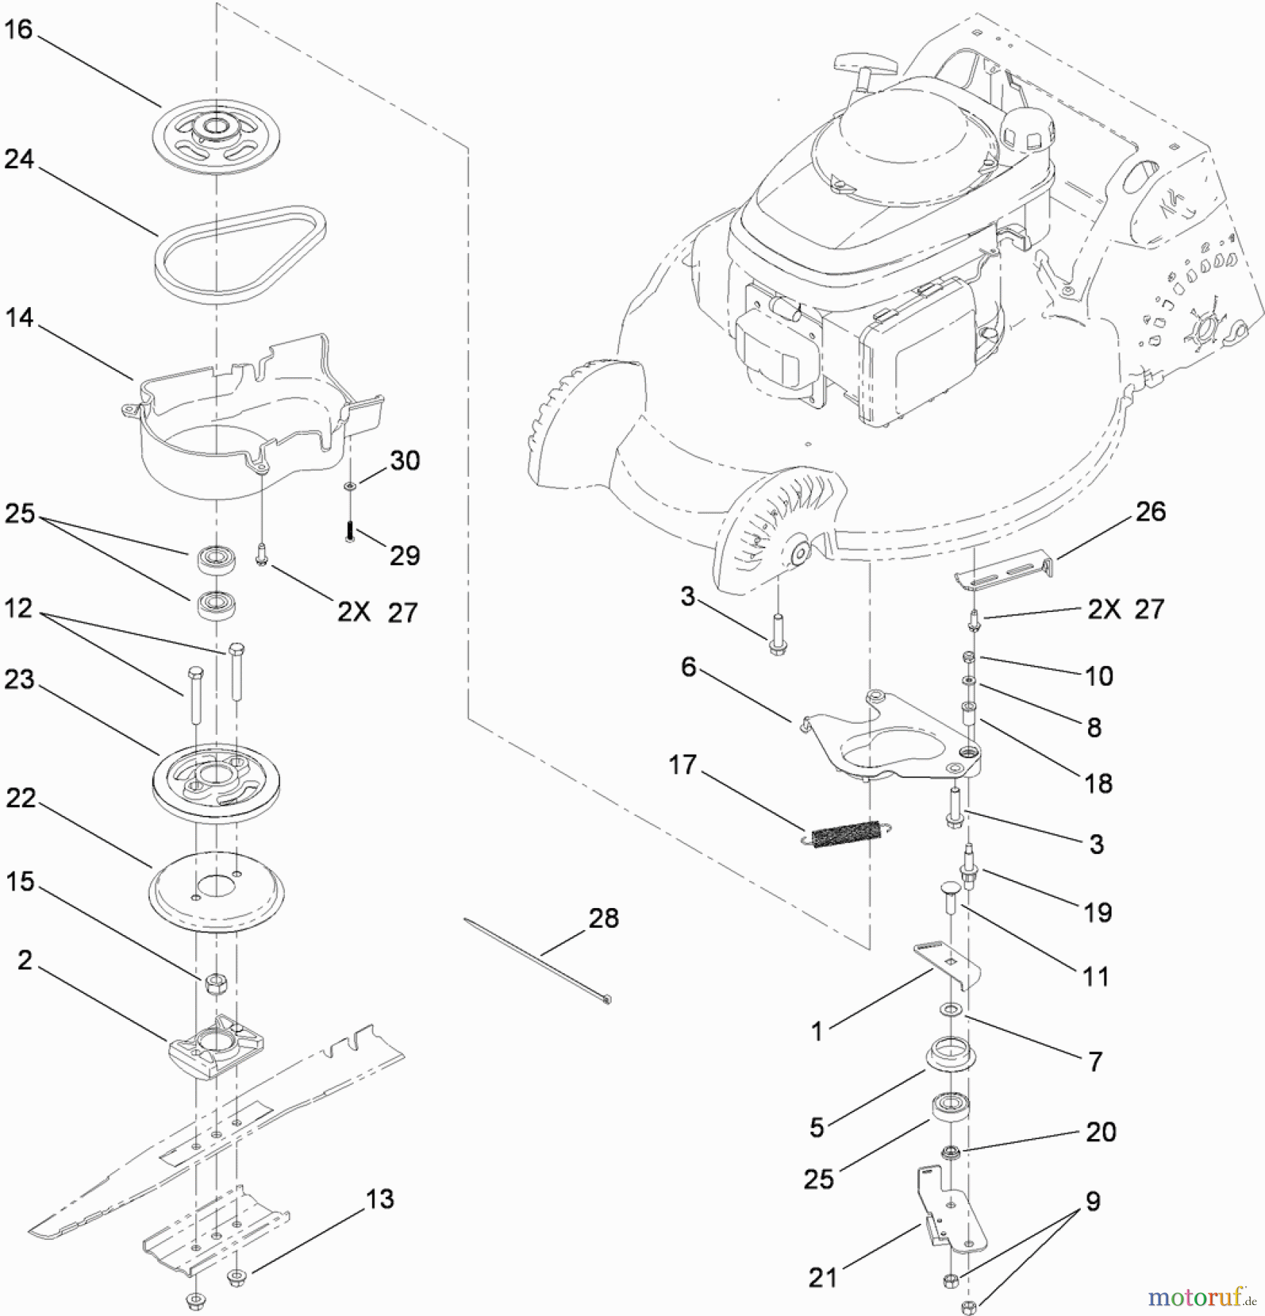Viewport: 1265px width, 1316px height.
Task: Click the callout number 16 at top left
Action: (x=19, y=31)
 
